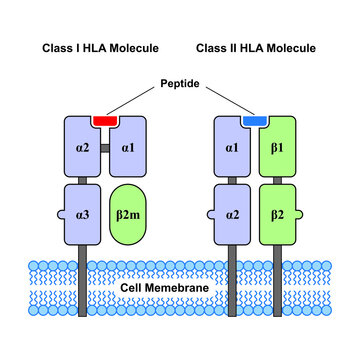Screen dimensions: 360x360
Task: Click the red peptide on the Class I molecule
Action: pyautogui.click(x=102, y=120)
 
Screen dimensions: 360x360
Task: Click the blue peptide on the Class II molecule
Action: pyautogui.click(x=256, y=120)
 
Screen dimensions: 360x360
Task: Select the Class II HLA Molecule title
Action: pyautogui.click(x=256, y=47)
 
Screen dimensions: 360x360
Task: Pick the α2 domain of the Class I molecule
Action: pyautogui.click(x=81, y=149)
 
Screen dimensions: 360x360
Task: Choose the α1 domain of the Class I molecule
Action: pyautogui.click(x=124, y=149)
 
